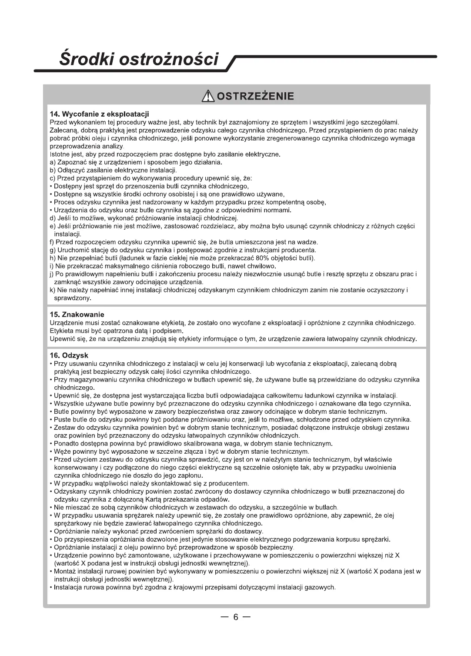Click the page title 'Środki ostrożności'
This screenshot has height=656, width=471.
[139, 59]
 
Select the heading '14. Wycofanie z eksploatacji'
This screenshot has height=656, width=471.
[100, 114]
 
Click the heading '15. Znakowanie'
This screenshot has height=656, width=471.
[77, 314]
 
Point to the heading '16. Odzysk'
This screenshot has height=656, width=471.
[69, 355]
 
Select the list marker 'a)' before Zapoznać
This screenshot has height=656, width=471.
[53, 162]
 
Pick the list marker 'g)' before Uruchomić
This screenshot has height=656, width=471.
[53, 250]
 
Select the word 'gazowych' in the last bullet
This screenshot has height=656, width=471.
[321, 587]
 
